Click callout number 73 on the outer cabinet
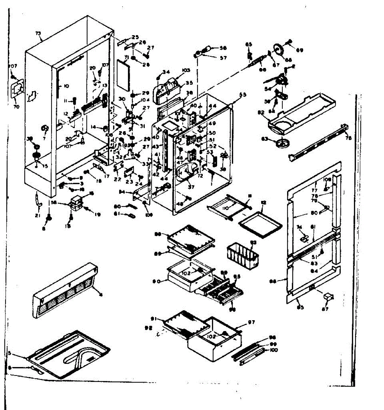tap(38, 33)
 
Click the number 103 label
tap(186, 70)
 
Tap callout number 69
tap(300, 51)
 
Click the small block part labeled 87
tap(328, 296)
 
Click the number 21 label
tap(38, 216)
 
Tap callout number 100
tap(274, 350)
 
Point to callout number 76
tap(348, 138)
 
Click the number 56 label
tap(223, 48)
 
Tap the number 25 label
tap(135, 37)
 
